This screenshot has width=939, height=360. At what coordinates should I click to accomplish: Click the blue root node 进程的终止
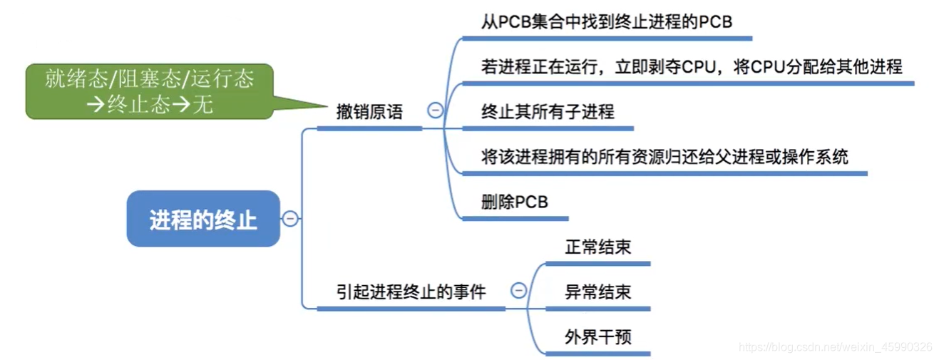pyautogui.click(x=203, y=219)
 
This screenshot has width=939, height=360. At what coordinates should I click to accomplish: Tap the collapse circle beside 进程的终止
pyautogui.click(x=289, y=219)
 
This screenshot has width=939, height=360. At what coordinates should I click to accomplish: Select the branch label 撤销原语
pyautogui.click(x=369, y=112)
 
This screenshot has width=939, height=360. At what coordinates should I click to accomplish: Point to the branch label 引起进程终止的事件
pyautogui.click(x=411, y=292)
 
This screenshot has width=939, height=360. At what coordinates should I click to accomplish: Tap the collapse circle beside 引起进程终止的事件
pyautogui.click(x=519, y=291)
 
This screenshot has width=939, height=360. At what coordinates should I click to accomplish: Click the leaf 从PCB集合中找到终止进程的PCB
pyautogui.click(x=607, y=22)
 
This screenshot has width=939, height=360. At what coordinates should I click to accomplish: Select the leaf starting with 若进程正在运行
pyautogui.click(x=692, y=67)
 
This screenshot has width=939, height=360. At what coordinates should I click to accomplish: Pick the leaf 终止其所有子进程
pyautogui.click(x=548, y=112)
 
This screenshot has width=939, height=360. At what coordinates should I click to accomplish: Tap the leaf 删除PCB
pyautogui.click(x=515, y=202)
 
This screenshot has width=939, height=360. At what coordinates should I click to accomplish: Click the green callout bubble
pyautogui.click(x=149, y=91)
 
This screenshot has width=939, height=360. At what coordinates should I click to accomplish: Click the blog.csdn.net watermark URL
pyautogui.click(x=835, y=347)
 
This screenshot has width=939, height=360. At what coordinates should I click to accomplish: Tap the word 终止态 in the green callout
pyautogui.click(x=138, y=105)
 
